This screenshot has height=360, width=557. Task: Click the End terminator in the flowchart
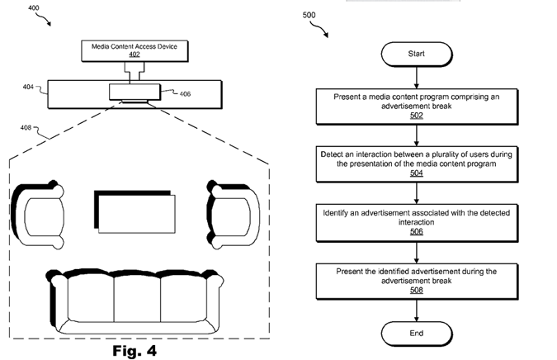(416, 333)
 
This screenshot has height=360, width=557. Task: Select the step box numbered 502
(416, 106)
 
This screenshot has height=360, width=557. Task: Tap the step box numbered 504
(416, 162)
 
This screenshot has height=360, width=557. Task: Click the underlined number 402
(134, 55)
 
